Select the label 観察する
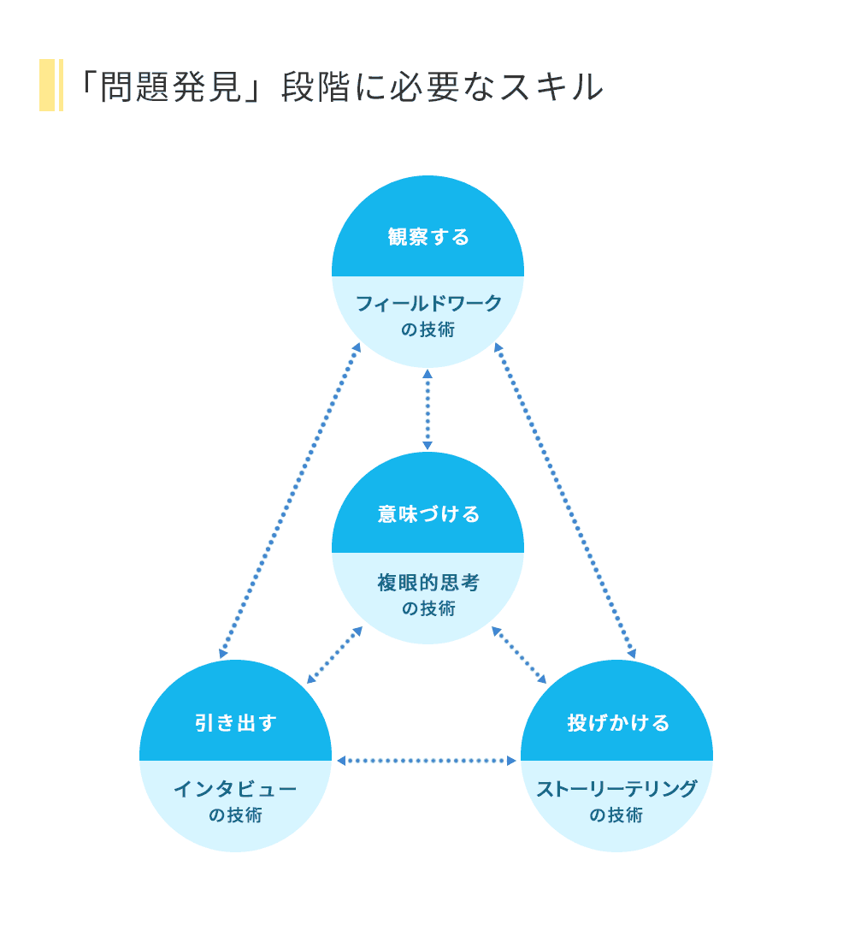click(x=428, y=237)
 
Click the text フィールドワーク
click(x=428, y=304)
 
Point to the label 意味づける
click(x=428, y=514)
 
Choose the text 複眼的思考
click(x=428, y=584)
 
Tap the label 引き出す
click(x=235, y=723)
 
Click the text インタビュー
click(x=235, y=789)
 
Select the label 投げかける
click(x=618, y=723)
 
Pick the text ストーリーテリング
click(x=616, y=789)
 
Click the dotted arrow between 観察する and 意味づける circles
click(x=427, y=410)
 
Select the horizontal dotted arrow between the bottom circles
click(x=427, y=760)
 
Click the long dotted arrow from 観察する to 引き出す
click(x=290, y=501)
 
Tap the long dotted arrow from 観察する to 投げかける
click(x=564, y=501)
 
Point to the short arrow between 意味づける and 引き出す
click(x=334, y=655)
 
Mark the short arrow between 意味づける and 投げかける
click(x=519, y=655)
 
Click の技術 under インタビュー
click(x=235, y=815)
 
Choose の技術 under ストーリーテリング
click(x=616, y=815)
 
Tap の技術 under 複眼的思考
click(x=428, y=609)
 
